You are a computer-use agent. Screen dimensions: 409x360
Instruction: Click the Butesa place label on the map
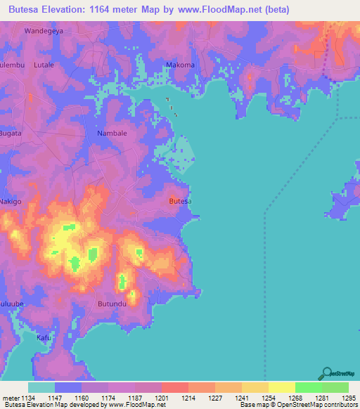click(181, 202)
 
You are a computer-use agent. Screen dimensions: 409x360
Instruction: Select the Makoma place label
click(179, 65)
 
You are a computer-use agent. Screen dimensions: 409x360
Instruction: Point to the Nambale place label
click(111, 133)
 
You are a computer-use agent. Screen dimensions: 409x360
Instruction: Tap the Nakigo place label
click(11, 202)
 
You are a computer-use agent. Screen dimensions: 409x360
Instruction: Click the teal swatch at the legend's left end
click(41, 387)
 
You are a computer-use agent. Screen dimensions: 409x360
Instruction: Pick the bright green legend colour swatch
click(308, 387)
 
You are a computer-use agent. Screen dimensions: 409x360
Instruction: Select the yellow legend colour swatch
click(281, 387)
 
